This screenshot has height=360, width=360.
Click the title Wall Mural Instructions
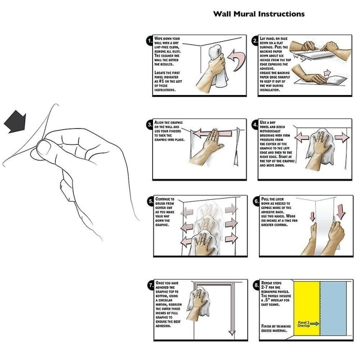point(259,14)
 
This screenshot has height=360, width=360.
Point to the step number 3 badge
point(150,125)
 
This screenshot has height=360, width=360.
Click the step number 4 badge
point(256,125)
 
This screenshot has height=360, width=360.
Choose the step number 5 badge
point(150,201)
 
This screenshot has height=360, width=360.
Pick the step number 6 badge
point(256,201)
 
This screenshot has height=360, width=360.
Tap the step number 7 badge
point(150,285)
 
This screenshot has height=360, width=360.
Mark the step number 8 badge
point(256,285)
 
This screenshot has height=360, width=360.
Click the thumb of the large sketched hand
point(44,148)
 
